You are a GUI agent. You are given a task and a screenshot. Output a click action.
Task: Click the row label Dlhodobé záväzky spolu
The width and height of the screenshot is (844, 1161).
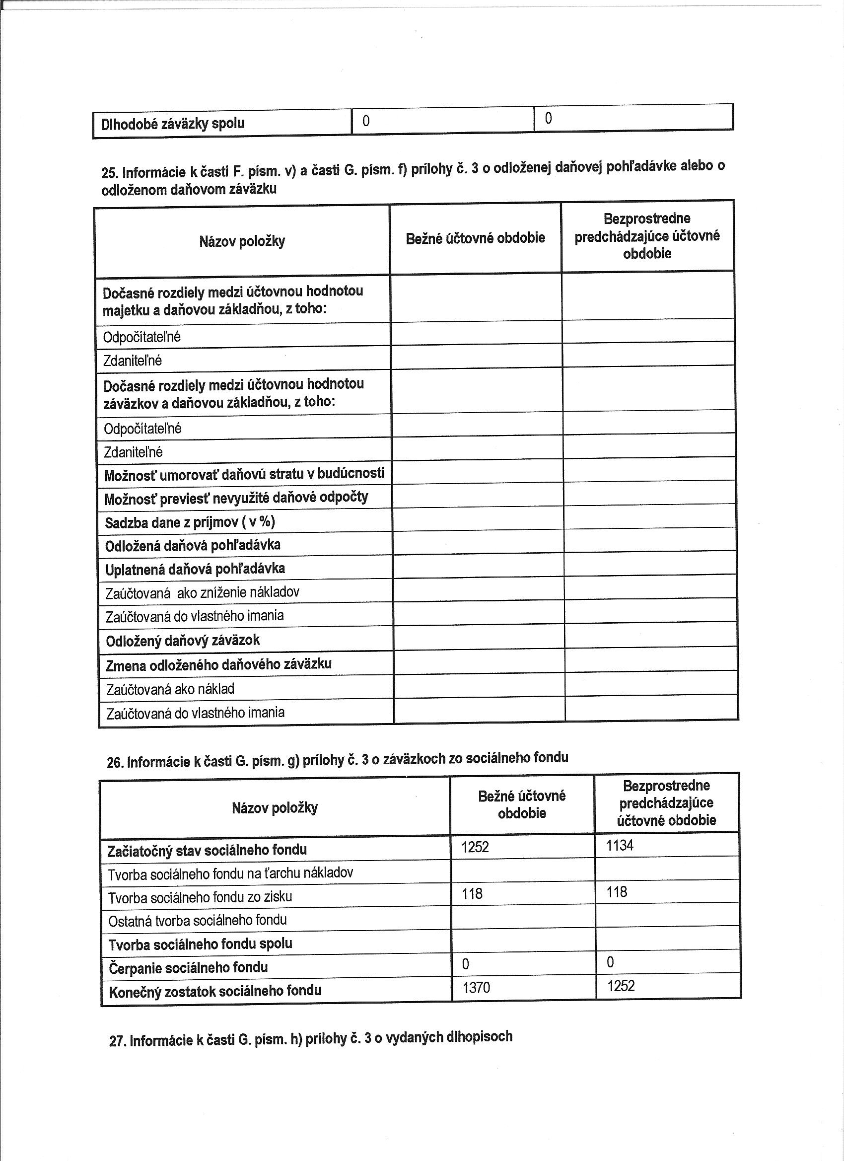click(172, 123)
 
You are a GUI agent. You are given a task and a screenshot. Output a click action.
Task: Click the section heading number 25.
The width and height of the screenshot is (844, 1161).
click(110, 172)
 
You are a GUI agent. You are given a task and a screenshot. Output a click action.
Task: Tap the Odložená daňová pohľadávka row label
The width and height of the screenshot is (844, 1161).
click(193, 545)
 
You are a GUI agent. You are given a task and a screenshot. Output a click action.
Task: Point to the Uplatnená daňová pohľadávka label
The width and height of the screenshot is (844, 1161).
click(195, 569)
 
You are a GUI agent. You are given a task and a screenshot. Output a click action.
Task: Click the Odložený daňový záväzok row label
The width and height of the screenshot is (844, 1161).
click(183, 641)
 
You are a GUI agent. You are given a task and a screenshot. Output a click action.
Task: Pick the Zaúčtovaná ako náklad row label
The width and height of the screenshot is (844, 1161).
click(170, 689)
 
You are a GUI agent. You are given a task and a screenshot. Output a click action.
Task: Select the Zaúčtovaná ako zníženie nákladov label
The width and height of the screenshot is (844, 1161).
click(202, 593)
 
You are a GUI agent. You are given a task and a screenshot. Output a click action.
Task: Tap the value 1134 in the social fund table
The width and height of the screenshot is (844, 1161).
click(620, 845)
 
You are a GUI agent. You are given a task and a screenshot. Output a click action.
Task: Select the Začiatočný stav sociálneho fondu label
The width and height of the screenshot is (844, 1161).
click(208, 850)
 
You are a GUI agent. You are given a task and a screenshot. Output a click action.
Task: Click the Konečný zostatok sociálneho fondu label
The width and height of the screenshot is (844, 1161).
click(215, 991)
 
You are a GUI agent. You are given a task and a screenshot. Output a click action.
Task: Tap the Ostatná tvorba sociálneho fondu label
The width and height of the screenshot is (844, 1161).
click(197, 920)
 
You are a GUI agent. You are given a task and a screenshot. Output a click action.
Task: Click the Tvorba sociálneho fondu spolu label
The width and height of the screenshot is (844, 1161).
click(200, 943)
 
